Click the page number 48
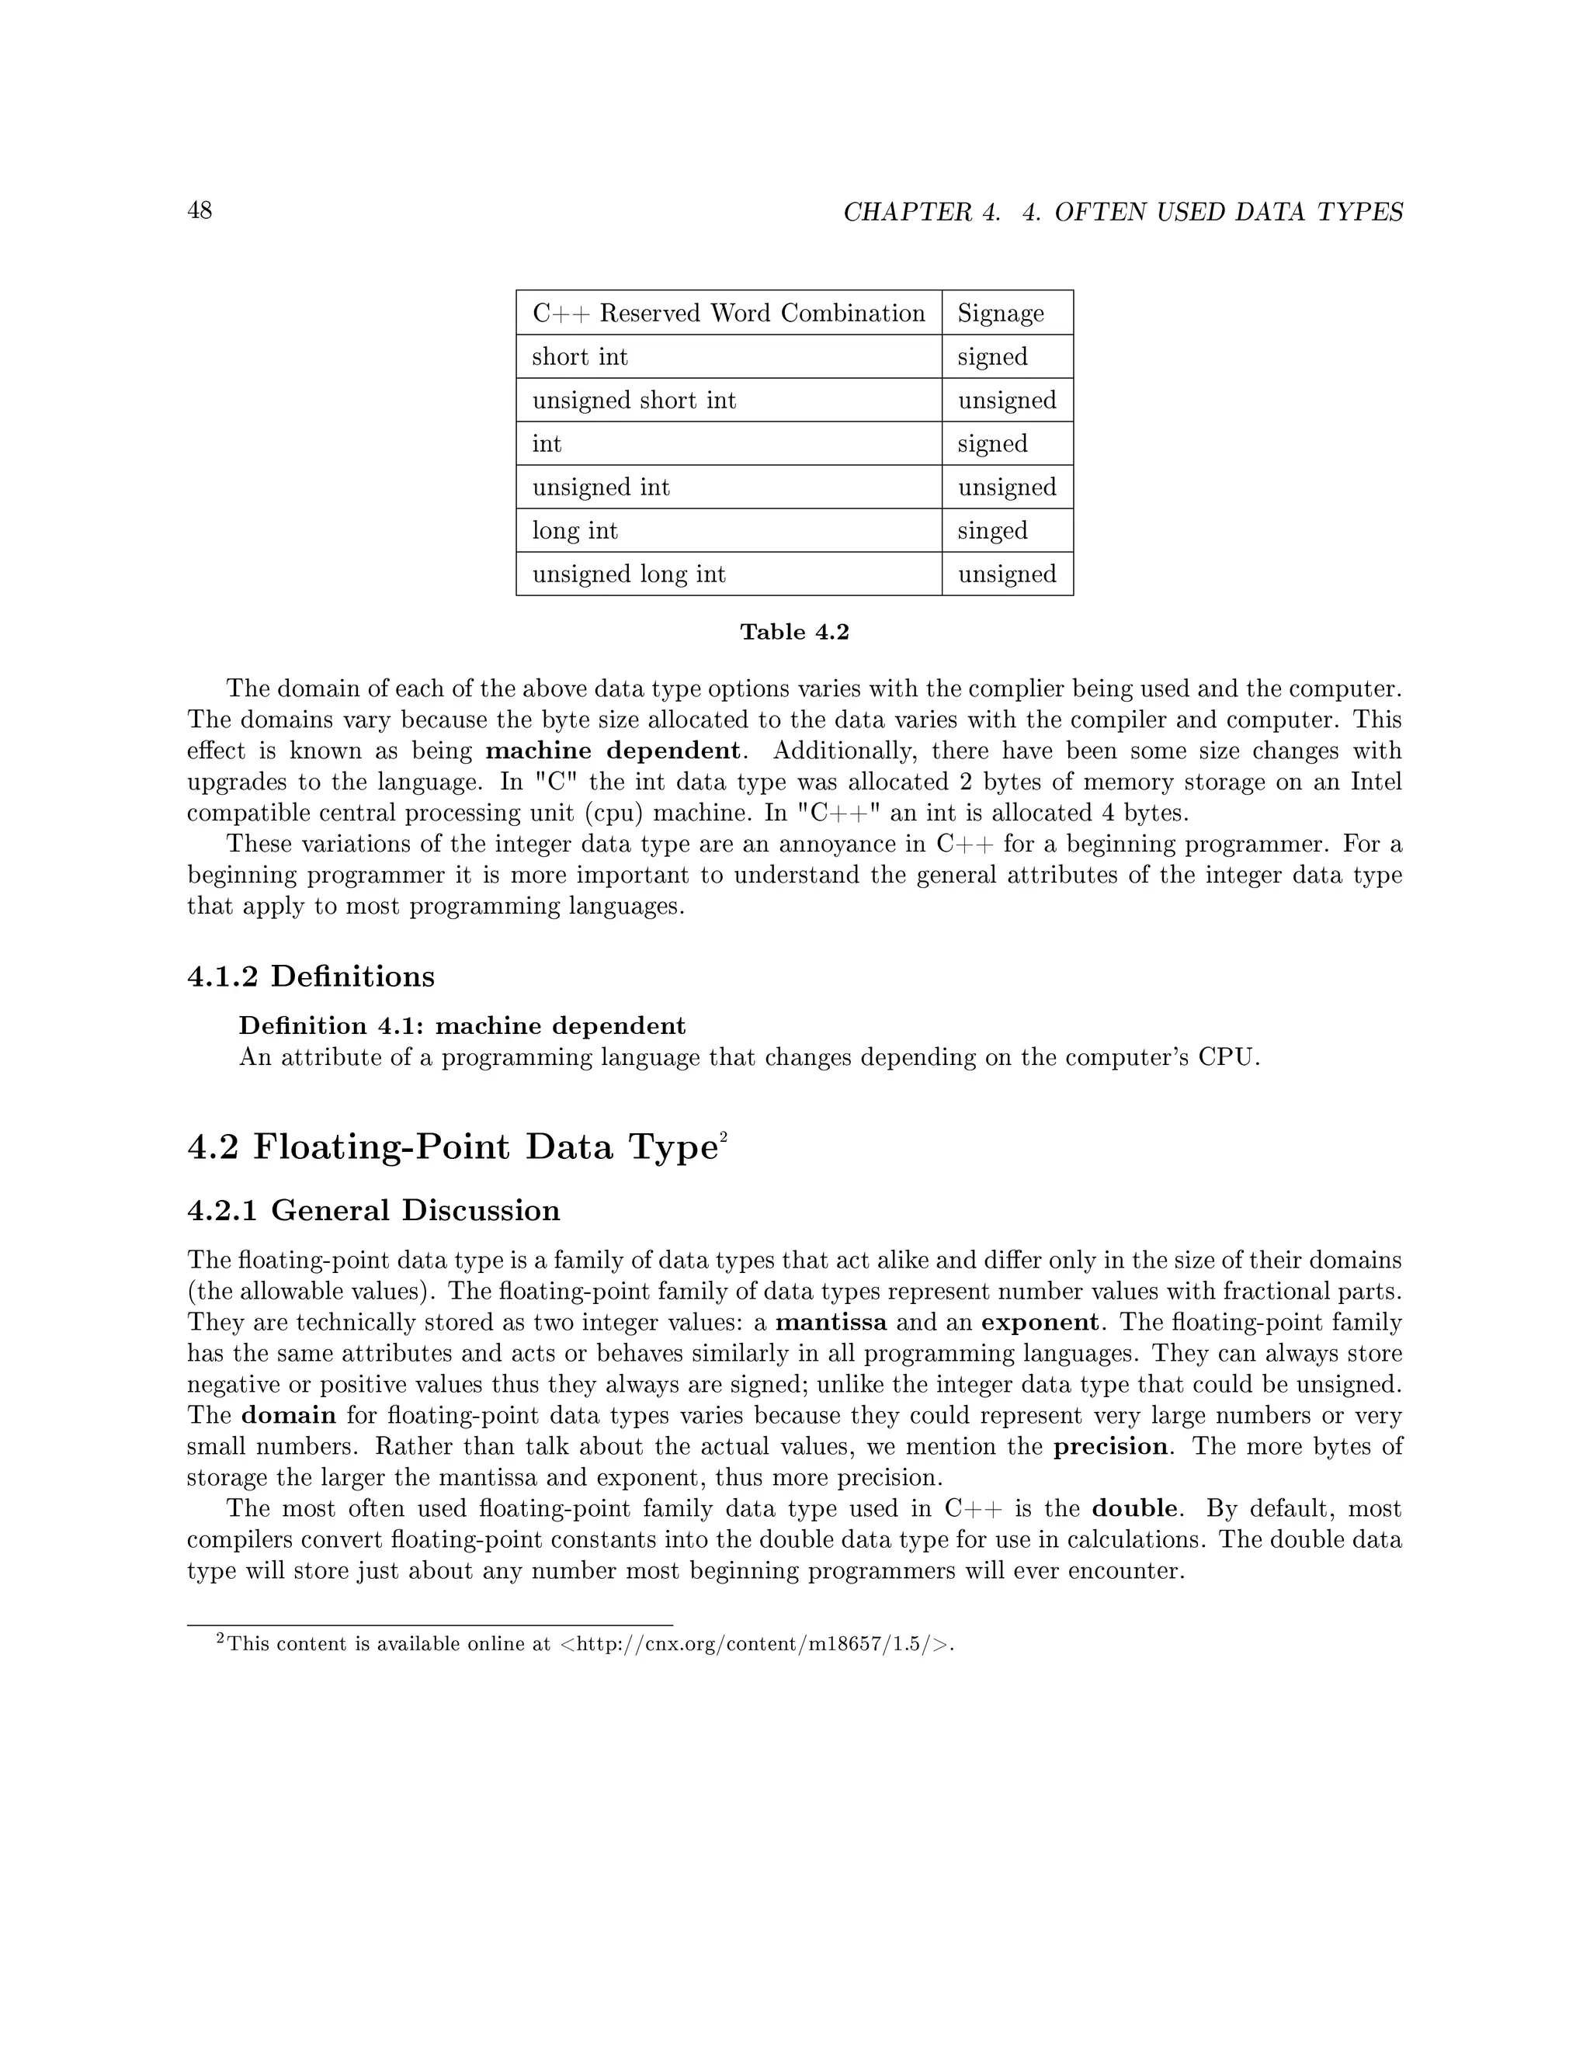pyautogui.click(x=200, y=210)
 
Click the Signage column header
pyautogui.click(x=1000, y=313)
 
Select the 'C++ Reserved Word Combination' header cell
pyautogui.click(x=728, y=313)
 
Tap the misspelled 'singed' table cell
pyautogui.click(x=992, y=530)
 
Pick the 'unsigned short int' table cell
pyautogui.click(x=634, y=401)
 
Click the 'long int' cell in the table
pyautogui.click(x=575, y=530)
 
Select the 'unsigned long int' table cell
pyautogui.click(x=628, y=574)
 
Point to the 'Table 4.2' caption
pyautogui.click(x=794, y=632)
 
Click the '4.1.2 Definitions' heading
pyautogui.click(x=311, y=976)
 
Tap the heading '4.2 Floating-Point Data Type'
pyautogui.click(x=452, y=1147)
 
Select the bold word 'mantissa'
pyautogui.click(x=831, y=1323)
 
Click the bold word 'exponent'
pyautogui.click(x=1039, y=1323)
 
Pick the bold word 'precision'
pyautogui.click(x=1110, y=1447)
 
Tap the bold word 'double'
pyautogui.click(x=1134, y=1509)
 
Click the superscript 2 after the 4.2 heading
pyautogui.click(x=724, y=1139)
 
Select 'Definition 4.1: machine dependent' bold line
pyautogui.click(x=462, y=1025)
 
